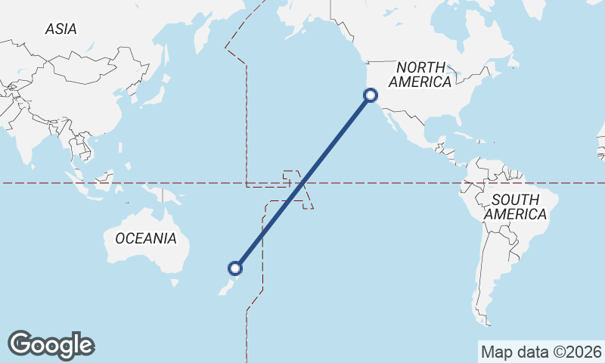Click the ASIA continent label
tap(60, 29)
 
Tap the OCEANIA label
tap(146, 238)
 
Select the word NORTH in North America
tap(422, 67)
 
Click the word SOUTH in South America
tap(515, 200)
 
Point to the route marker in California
tap(371, 95)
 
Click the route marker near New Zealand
tap(236, 268)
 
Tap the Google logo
tap(51, 344)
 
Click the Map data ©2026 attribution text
tap(541, 352)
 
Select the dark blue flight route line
tap(302, 182)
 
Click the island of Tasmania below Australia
tap(175, 283)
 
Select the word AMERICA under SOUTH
tap(515, 215)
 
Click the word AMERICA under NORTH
tap(422, 82)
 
